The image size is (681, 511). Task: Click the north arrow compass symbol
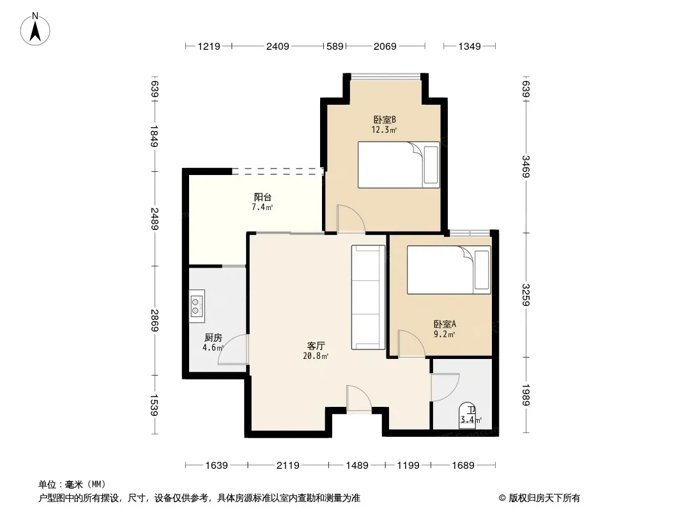(x=35, y=29)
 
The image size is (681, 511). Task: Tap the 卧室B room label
(x=385, y=119)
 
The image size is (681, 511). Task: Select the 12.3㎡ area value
(x=384, y=130)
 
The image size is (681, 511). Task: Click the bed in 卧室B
(x=399, y=165)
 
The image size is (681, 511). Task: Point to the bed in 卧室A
(x=448, y=270)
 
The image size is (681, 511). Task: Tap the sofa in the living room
(x=368, y=298)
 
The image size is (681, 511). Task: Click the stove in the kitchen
(x=197, y=306)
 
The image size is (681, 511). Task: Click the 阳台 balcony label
(x=263, y=197)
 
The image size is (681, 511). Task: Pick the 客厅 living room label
(x=316, y=346)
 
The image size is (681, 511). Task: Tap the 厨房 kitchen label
(x=213, y=337)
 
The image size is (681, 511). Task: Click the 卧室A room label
(x=445, y=324)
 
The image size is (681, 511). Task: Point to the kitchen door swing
(x=233, y=349)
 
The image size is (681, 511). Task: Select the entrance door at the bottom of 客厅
(x=359, y=398)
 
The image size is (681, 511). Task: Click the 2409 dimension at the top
(x=277, y=46)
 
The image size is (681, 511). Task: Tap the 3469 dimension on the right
(x=526, y=166)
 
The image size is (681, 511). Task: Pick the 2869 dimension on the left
(x=155, y=321)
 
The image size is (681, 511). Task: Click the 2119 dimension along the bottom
(x=288, y=466)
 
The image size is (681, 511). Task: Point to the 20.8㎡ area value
(x=316, y=356)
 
